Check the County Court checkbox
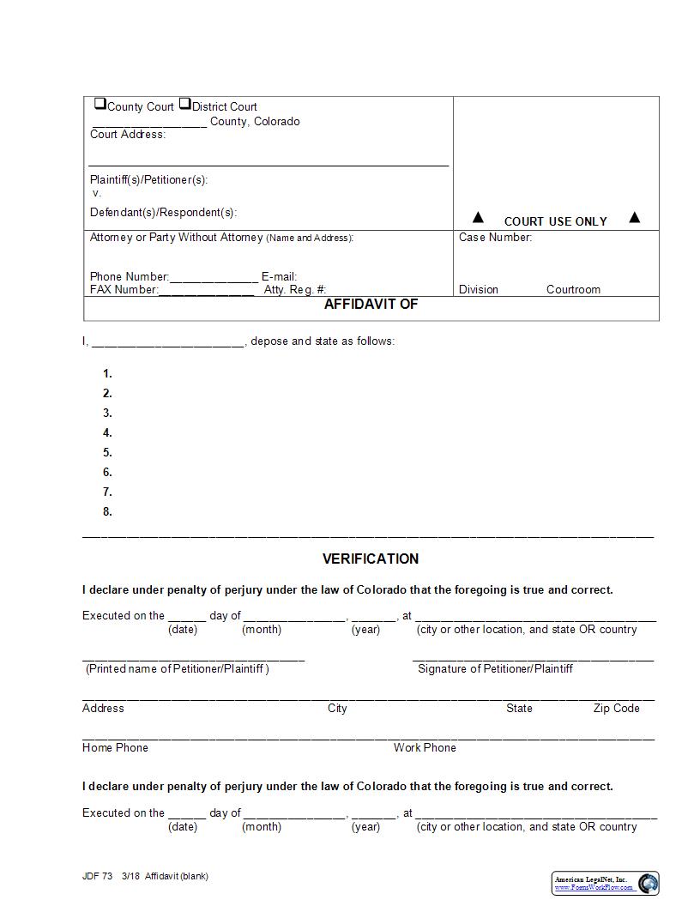tap(100, 104)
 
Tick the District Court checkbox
tap(184, 104)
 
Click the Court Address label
tap(128, 135)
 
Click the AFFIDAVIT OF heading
tap(371, 305)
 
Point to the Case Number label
tap(495, 238)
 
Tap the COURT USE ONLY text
tap(555, 221)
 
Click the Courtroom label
tap(573, 290)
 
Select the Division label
tap(478, 290)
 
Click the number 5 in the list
tap(107, 453)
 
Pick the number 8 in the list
tap(107, 512)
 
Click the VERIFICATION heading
tap(371, 559)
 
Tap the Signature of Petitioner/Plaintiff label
tap(495, 668)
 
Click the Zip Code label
tap(616, 709)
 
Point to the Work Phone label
tap(425, 748)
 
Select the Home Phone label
tap(115, 748)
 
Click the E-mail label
tap(279, 277)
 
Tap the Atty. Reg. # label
tap(295, 290)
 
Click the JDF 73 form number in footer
tap(97, 876)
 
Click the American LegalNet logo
tap(605, 883)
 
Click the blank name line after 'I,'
tap(167, 342)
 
